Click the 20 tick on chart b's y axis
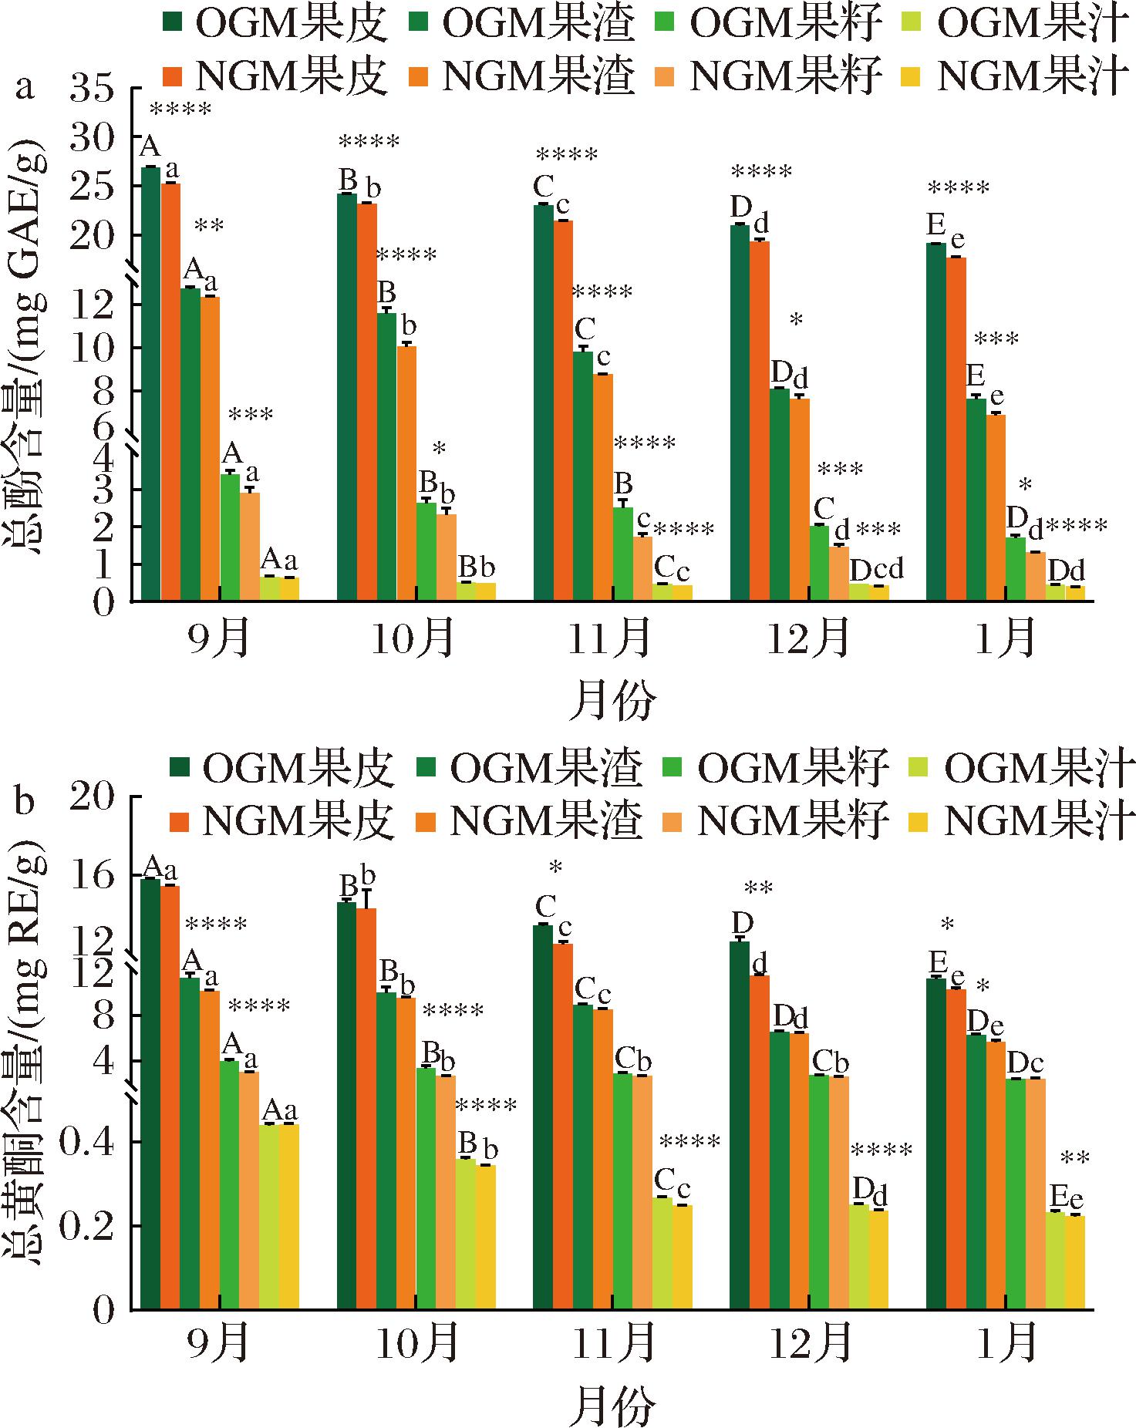tap(101, 796)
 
